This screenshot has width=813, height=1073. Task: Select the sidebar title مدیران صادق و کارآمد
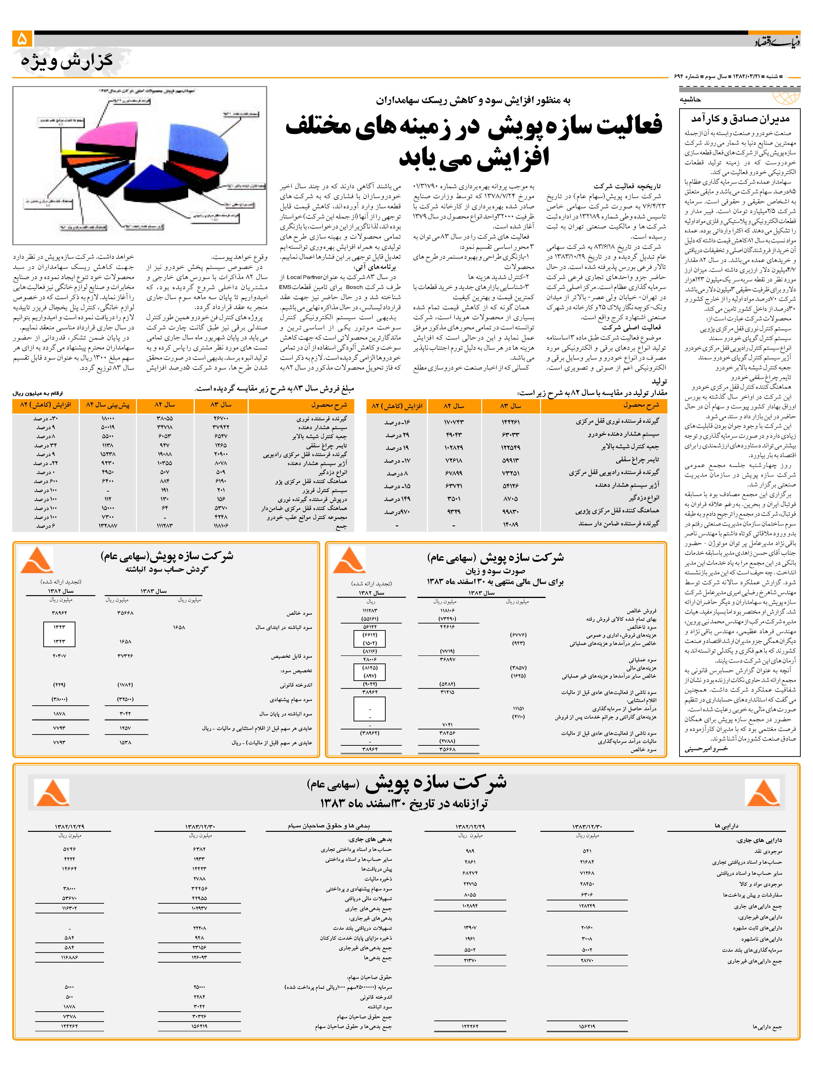[x=740, y=118]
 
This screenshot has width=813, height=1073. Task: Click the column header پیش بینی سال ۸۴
[x=108, y=405]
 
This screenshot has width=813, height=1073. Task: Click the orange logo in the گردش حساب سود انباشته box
[x=36, y=560]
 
